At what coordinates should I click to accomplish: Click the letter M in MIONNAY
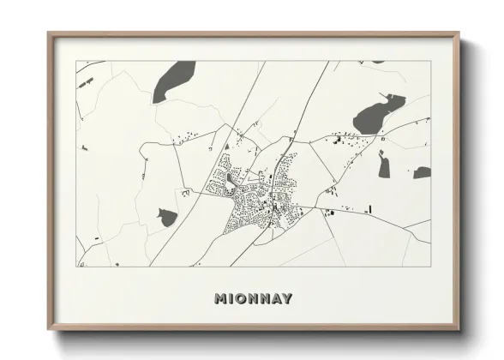pyautogui.click(x=219, y=299)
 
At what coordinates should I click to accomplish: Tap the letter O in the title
pyautogui.click(x=243, y=299)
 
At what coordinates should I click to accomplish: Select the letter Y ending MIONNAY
pyautogui.click(x=286, y=299)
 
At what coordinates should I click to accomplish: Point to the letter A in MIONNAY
pyautogui.click(x=275, y=299)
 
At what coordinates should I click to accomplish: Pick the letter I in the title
pyautogui.click(x=231, y=299)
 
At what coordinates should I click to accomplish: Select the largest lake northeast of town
pyautogui.click(x=375, y=114)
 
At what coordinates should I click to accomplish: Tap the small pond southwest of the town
pyautogui.click(x=165, y=218)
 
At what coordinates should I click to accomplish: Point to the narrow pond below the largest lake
pyautogui.click(x=384, y=164)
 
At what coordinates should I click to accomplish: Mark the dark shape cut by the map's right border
pyautogui.click(x=422, y=172)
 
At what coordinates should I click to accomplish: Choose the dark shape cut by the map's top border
pyautogui.click(x=377, y=62)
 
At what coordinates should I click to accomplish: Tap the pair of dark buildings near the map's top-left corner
pyautogui.click(x=86, y=82)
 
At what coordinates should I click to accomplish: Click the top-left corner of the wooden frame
pyautogui.click(x=49, y=33)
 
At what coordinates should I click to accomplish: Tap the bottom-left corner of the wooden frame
pyautogui.click(x=49, y=329)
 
